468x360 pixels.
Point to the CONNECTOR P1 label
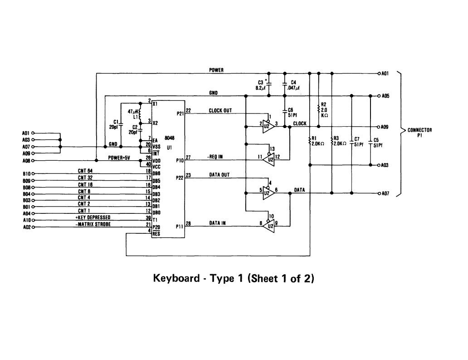(419, 132)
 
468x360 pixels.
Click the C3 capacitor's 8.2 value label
(260, 88)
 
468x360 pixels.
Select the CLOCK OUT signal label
(220, 110)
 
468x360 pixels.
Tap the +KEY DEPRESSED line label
(93, 217)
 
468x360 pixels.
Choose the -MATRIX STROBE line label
(93, 224)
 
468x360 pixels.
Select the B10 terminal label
(26, 173)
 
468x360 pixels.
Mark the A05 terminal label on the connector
(385, 96)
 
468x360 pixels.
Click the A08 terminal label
(26, 160)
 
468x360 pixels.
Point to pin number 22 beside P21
(188, 110)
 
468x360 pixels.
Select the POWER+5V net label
(119, 158)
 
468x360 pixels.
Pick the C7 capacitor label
(357, 139)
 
